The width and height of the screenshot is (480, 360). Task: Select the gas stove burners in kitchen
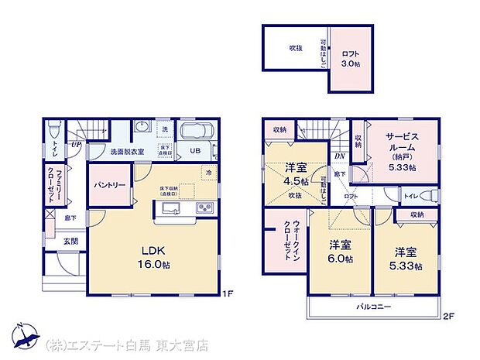(x=205, y=207)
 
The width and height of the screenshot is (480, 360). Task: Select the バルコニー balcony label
(x=373, y=307)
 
